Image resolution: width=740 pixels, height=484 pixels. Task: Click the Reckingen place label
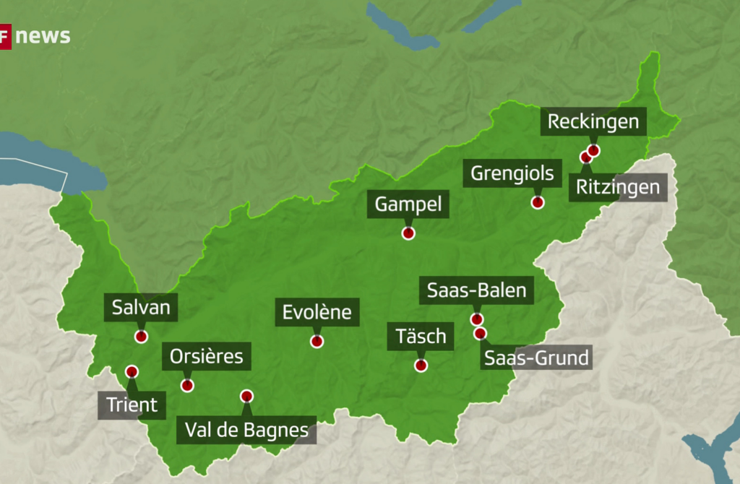(x=593, y=121)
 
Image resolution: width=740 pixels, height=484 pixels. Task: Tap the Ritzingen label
(x=618, y=188)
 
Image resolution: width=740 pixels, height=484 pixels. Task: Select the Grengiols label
(x=512, y=173)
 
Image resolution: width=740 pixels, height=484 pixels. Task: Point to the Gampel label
(x=408, y=204)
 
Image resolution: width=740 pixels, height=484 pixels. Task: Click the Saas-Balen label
(x=478, y=291)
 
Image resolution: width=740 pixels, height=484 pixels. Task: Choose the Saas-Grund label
(x=536, y=357)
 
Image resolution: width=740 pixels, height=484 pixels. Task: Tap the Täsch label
(x=421, y=336)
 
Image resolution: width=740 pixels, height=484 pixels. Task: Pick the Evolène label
(x=317, y=312)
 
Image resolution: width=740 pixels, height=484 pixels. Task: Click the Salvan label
(x=141, y=308)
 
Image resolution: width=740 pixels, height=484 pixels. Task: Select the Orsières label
(x=206, y=356)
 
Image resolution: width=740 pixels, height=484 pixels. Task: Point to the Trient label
(x=132, y=405)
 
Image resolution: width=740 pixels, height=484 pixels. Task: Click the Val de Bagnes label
(x=246, y=431)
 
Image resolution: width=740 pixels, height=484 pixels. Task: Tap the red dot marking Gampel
(x=408, y=233)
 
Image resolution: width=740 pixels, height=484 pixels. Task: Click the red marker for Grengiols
(x=538, y=202)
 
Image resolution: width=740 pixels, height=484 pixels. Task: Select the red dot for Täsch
(x=421, y=366)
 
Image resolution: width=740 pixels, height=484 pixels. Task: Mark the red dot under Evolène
(x=317, y=342)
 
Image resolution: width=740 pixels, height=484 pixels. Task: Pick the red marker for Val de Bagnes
(x=246, y=396)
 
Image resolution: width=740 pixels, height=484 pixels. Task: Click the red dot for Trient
(x=132, y=371)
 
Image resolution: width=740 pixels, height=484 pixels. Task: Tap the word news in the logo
(x=43, y=36)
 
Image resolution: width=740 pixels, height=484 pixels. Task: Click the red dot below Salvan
(x=141, y=337)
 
